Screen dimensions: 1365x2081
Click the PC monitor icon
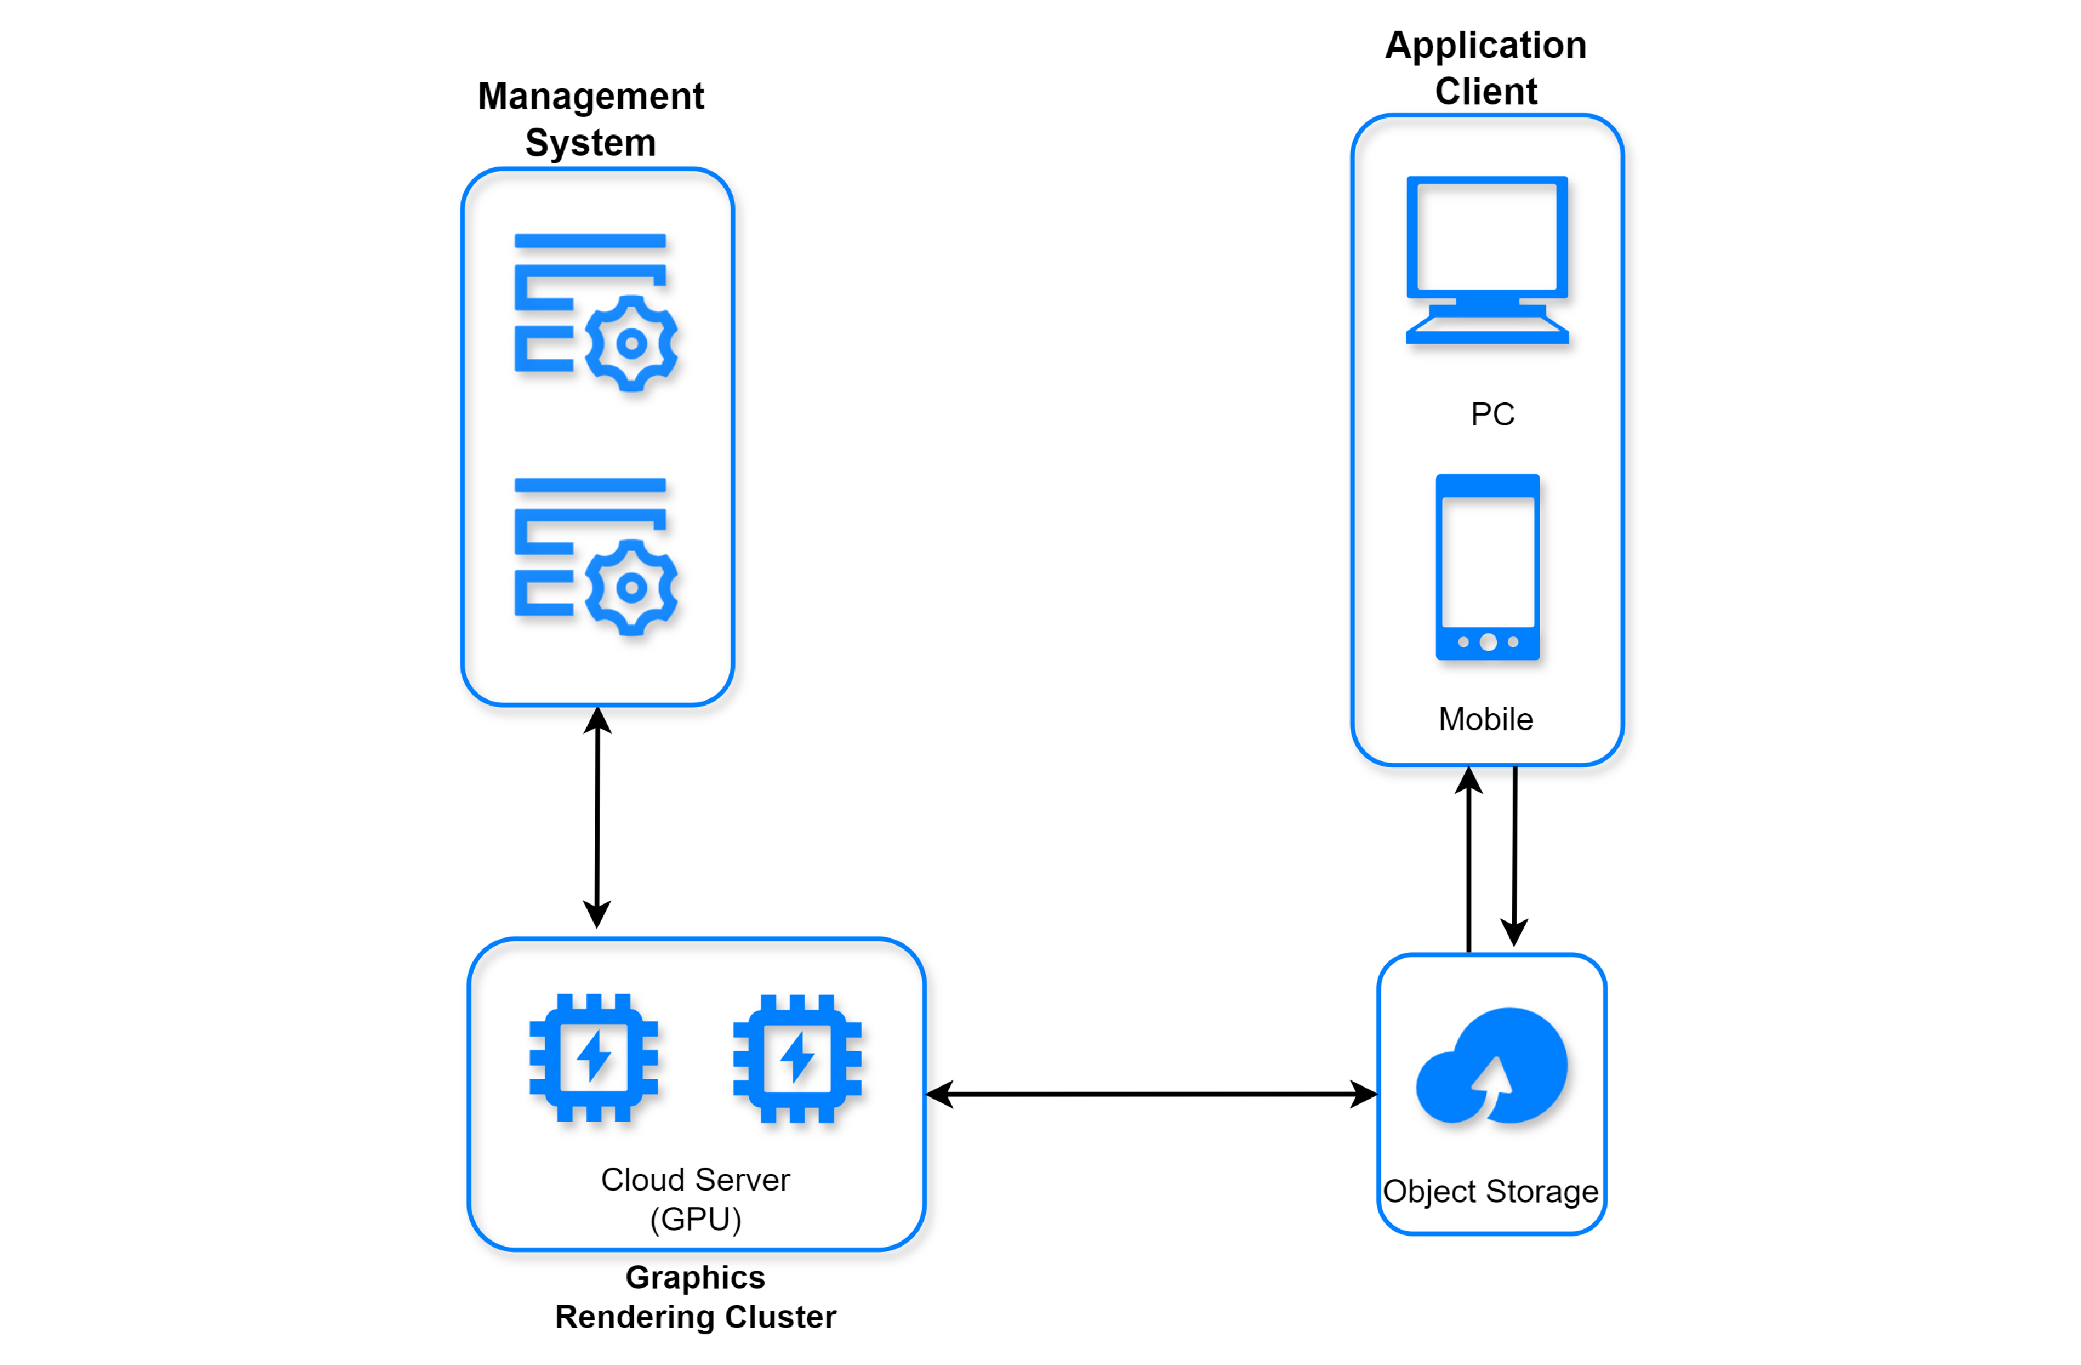coord(1487,258)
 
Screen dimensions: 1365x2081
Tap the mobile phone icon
coord(1487,566)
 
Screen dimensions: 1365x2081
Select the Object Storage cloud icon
coord(1491,1066)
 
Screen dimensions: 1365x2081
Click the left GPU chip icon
coord(594,1057)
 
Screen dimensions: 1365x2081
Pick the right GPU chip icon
coord(796,1058)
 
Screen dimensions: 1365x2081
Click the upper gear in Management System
coord(631,344)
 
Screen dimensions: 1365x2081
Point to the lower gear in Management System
coord(631,588)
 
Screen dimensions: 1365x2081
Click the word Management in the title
coord(590,96)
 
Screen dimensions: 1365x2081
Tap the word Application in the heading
coord(1485,46)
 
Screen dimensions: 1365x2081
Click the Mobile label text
coord(1485,719)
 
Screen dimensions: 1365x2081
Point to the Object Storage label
coord(1491,1191)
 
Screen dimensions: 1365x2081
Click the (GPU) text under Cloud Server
coord(695,1219)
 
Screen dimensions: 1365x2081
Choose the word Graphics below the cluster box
coord(695,1278)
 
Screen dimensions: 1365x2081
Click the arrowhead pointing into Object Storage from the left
coord(1364,1094)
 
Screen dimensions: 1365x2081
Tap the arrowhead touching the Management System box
coord(597,721)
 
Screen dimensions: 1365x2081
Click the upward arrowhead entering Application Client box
coord(1469,780)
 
